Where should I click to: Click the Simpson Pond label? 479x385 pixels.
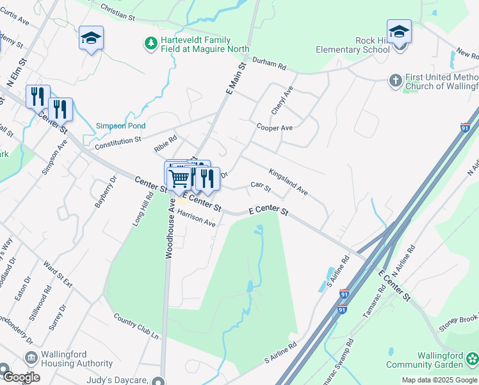pyautogui.click(x=120, y=126)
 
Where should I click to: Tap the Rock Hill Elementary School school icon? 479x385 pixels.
pyautogui.click(x=399, y=31)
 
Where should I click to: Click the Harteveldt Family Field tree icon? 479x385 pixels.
pyautogui.click(x=150, y=44)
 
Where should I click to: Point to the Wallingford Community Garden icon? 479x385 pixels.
pyautogui.click(x=472, y=358)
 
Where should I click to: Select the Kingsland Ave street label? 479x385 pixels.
pyautogui.click(x=288, y=182)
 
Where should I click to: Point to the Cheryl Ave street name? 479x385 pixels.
pyautogui.click(x=282, y=101)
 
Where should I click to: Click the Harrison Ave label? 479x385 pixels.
pyautogui.click(x=196, y=218)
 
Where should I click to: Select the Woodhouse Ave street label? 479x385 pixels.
pyautogui.click(x=170, y=228)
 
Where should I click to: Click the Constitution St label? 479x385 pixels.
pyautogui.click(x=117, y=143)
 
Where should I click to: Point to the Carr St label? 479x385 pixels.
pyautogui.click(x=261, y=187)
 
